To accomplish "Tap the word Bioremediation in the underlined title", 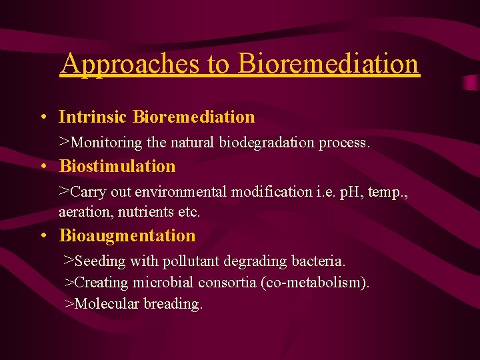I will [x=329, y=64].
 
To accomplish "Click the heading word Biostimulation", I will [x=117, y=166].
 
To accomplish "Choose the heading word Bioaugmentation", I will [x=127, y=236].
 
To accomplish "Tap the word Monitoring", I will [x=107, y=143].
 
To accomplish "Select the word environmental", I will [x=181, y=192].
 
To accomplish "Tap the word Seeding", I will [x=101, y=261].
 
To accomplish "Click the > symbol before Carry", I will [x=64, y=191].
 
